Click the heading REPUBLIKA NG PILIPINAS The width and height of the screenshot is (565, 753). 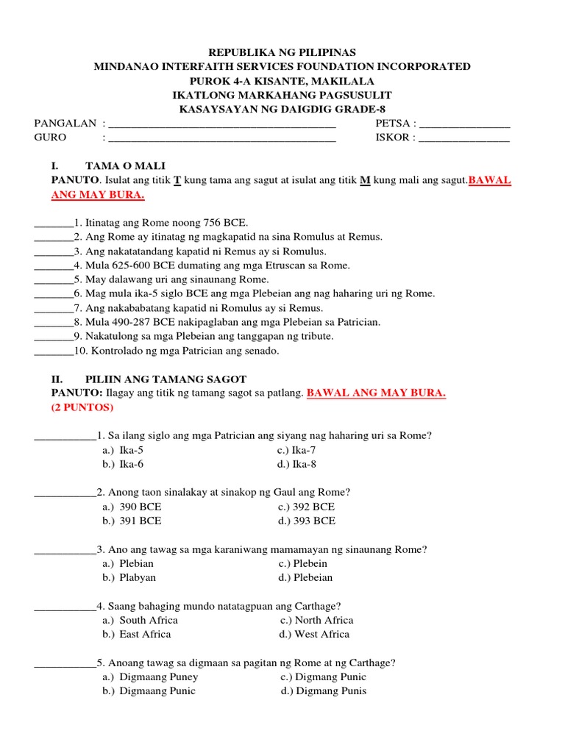282,52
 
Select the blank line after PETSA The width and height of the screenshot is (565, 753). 464,124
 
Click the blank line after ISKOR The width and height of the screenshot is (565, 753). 463,138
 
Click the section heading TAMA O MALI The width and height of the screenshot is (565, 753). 130,166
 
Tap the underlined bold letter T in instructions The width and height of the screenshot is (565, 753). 177,180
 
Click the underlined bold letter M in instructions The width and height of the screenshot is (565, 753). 365,180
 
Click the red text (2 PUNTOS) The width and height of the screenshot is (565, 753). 82,407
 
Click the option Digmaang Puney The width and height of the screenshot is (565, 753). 159,677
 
